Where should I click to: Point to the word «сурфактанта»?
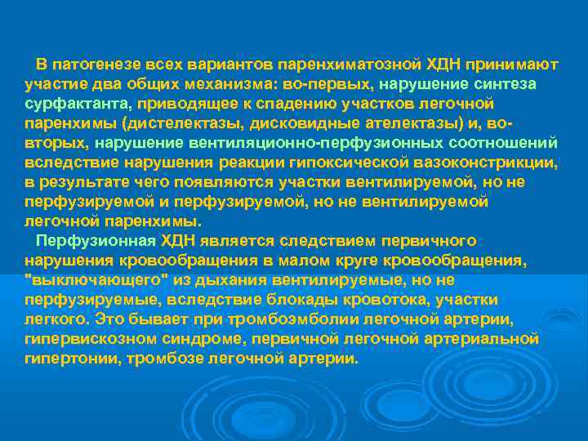coord(78,105)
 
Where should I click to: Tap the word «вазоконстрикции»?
coord(481,163)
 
